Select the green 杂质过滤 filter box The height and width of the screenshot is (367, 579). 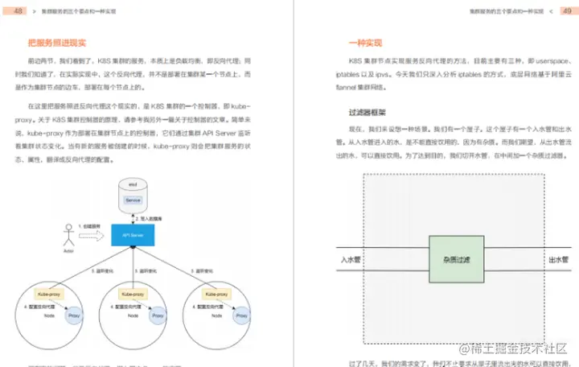pos(455,260)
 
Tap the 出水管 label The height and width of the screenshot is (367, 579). pos(557,260)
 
